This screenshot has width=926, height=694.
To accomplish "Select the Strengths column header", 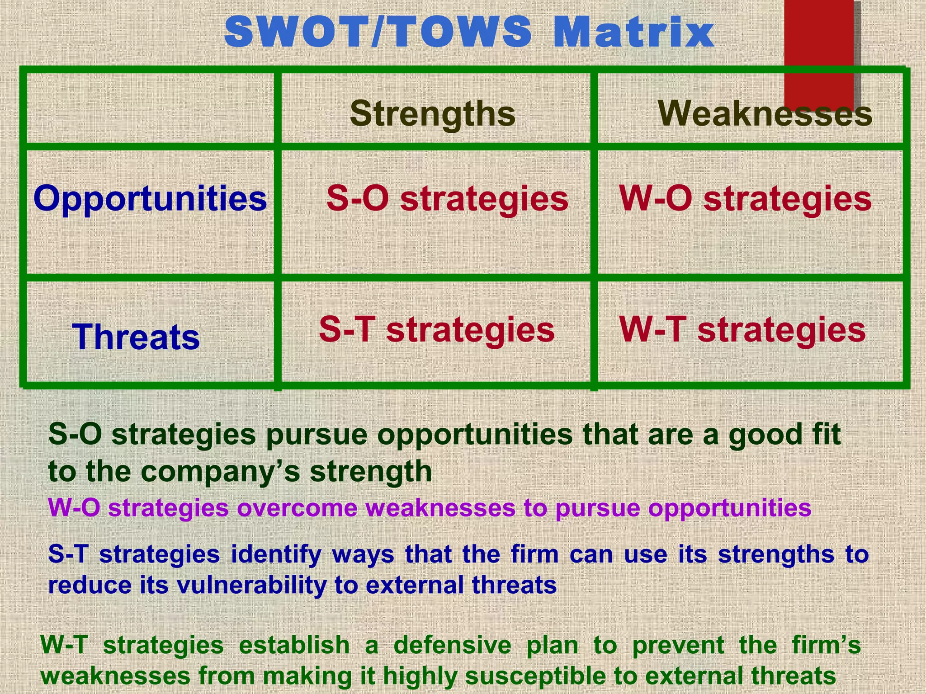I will click(x=433, y=113).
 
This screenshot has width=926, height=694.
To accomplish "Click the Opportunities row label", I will click(x=150, y=199).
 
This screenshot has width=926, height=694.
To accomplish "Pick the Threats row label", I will click(x=136, y=337).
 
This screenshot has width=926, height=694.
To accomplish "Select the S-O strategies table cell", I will click(x=447, y=199).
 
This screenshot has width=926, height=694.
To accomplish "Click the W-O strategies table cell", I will click(x=745, y=199).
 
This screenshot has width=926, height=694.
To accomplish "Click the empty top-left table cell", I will click(x=150, y=108).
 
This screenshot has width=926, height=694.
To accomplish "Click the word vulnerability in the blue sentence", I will click(x=251, y=586).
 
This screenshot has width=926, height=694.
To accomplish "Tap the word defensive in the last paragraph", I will click(x=452, y=645).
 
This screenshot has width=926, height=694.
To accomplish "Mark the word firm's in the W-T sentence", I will click(x=826, y=645).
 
